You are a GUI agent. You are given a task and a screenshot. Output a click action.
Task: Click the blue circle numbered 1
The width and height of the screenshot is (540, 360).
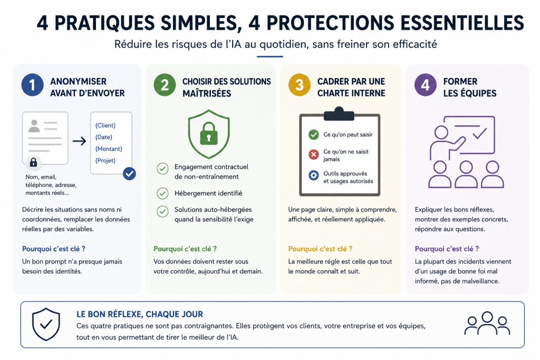[32, 85]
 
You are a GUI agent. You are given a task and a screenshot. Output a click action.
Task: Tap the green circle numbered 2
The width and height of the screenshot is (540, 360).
[165, 85]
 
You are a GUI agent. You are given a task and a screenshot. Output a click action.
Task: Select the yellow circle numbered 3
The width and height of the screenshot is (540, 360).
[300, 85]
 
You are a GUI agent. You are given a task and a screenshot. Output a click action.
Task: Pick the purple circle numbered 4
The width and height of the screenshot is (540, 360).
[426, 85]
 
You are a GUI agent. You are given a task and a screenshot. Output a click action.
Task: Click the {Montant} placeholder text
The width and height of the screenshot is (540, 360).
[109, 149]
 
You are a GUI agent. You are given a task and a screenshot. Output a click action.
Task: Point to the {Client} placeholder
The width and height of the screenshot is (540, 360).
[105, 125]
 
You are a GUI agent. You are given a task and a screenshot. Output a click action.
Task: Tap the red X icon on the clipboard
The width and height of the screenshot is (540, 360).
[313, 154]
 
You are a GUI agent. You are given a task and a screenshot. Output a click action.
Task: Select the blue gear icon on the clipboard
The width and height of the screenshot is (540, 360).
[313, 176]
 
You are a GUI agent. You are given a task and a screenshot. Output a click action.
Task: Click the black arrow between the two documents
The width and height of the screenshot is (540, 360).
[79, 141]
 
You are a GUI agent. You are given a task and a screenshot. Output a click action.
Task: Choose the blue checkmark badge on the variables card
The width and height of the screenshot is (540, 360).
[129, 174]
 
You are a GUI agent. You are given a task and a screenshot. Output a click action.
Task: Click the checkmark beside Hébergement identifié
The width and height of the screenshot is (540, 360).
[162, 193]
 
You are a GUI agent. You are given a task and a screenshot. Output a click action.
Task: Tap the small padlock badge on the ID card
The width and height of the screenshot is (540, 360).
[33, 162]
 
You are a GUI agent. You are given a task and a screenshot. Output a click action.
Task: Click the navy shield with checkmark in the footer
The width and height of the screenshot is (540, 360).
[46, 324]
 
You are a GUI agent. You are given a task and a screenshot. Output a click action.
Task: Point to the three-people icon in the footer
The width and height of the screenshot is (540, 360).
[487, 323]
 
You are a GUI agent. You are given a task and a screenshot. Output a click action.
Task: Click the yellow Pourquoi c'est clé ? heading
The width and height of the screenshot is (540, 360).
[320, 249]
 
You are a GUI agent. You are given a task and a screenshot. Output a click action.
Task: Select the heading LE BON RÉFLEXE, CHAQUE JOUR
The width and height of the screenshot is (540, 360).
[139, 314]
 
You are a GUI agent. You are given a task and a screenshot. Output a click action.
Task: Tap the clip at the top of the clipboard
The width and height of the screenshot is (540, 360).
[339, 114]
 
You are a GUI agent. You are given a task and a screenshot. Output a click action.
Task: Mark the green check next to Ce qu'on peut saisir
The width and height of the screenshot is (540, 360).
[313, 134]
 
